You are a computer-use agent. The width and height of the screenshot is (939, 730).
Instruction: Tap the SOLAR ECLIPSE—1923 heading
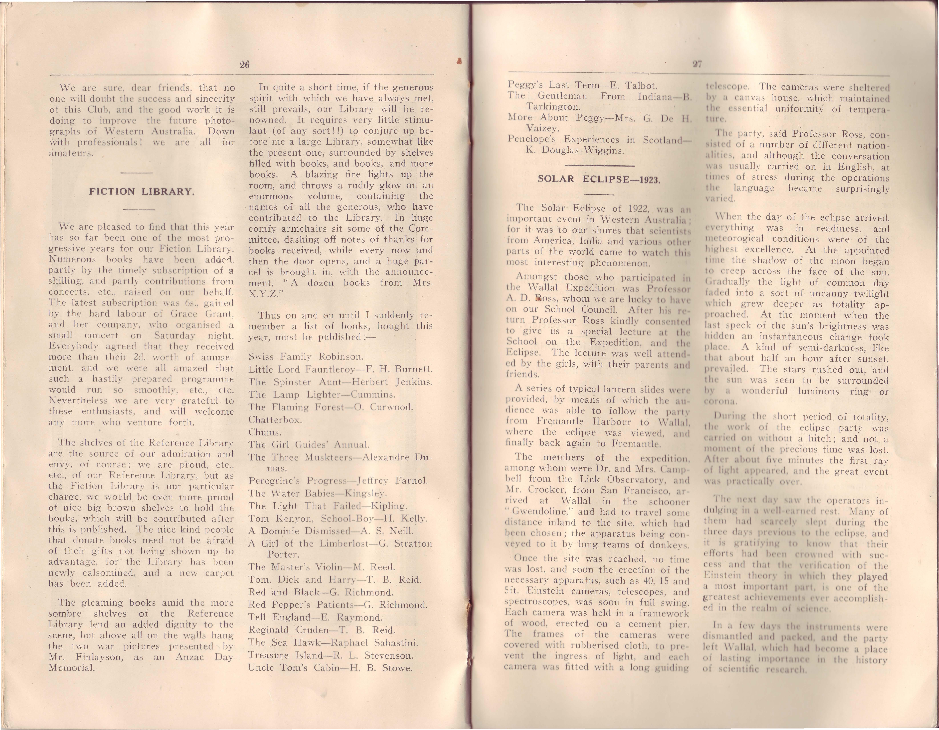click(x=598, y=179)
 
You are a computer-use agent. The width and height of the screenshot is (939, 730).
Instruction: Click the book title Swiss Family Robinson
click(x=306, y=356)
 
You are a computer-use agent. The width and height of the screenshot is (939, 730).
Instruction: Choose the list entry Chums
click(x=264, y=432)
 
